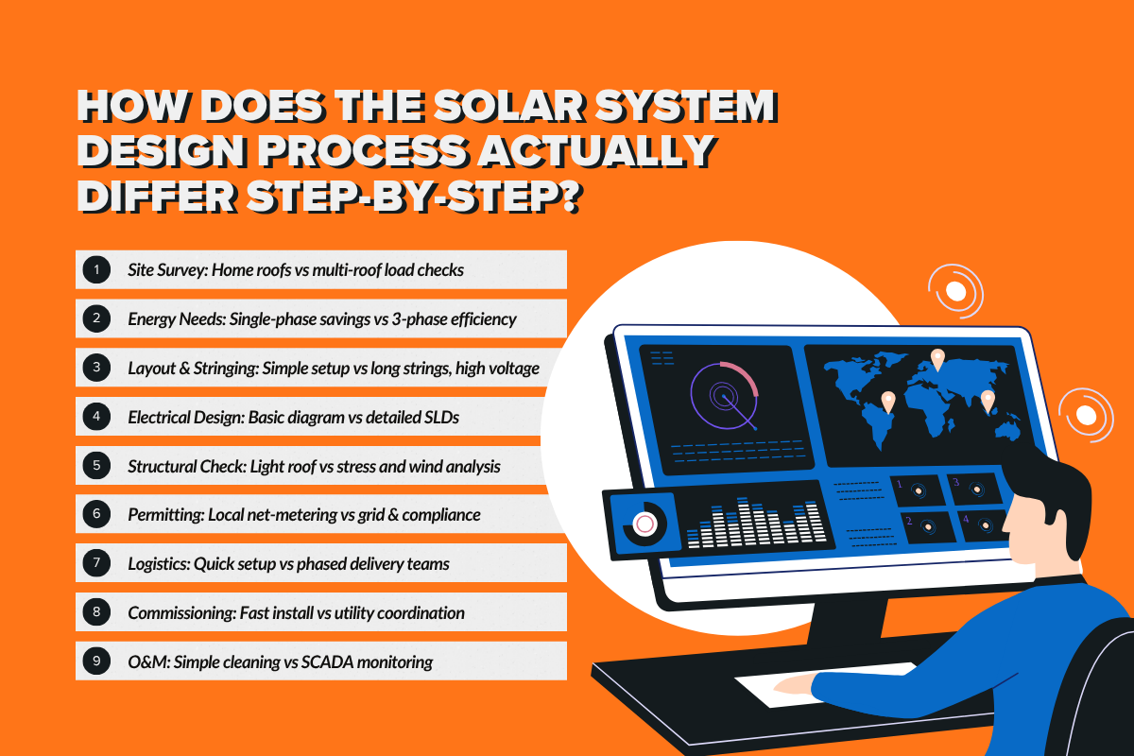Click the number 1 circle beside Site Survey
(x=96, y=269)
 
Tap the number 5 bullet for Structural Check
(x=96, y=466)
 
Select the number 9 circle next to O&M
(x=96, y=661)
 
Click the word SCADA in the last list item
(x=329, y=662)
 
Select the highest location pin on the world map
(x=937, y=359)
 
